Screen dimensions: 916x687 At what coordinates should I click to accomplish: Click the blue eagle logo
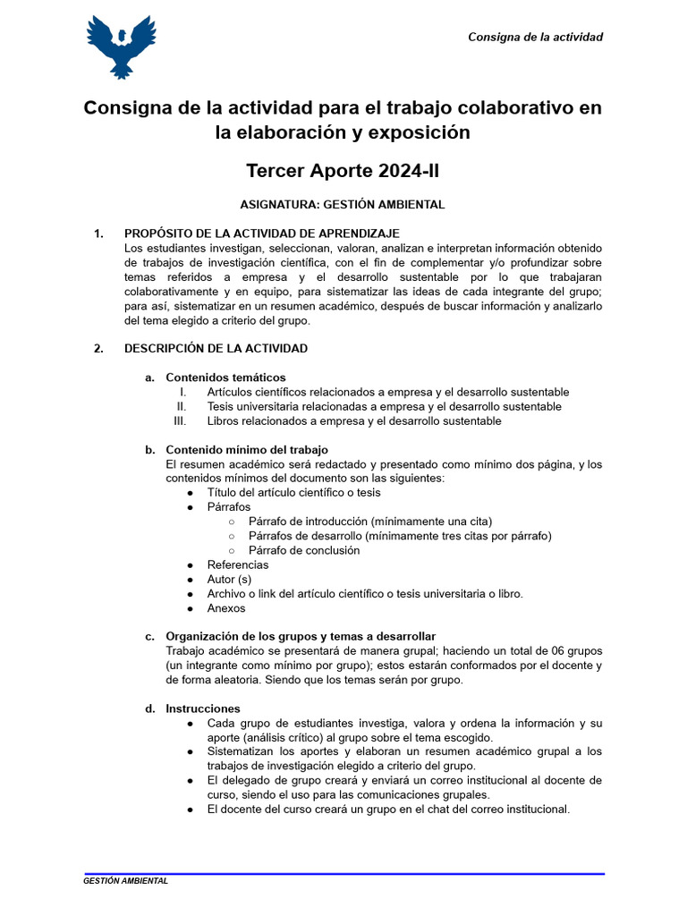121,47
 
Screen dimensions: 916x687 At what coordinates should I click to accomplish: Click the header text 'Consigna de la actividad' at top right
535,37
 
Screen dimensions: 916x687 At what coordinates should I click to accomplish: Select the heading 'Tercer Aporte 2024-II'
343,170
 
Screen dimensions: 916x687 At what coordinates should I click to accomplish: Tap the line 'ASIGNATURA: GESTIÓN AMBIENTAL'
343,204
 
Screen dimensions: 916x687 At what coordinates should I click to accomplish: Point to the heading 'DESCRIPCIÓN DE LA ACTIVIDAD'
216,348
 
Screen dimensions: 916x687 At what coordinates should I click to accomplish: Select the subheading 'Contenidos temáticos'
225,377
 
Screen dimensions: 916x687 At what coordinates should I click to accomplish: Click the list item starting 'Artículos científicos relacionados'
387,392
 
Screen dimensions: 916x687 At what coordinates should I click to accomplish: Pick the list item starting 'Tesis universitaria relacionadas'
384,406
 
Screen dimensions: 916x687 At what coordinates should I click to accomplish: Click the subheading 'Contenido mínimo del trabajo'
247,449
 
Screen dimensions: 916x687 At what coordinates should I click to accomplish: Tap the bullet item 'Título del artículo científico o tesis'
293,492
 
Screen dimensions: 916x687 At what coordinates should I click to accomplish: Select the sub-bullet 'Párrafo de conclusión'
304,550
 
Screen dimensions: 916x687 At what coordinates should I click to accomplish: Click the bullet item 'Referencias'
237,564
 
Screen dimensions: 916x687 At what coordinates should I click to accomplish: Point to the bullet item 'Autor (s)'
229,579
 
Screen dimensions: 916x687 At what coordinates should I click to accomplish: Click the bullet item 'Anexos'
225,608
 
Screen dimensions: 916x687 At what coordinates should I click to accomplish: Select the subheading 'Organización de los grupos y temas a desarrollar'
301,636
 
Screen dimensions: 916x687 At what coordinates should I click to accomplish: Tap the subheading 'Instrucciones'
203,708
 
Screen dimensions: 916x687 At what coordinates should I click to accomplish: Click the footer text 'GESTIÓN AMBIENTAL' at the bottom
125,881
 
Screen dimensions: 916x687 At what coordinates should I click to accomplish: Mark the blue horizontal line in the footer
343,873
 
